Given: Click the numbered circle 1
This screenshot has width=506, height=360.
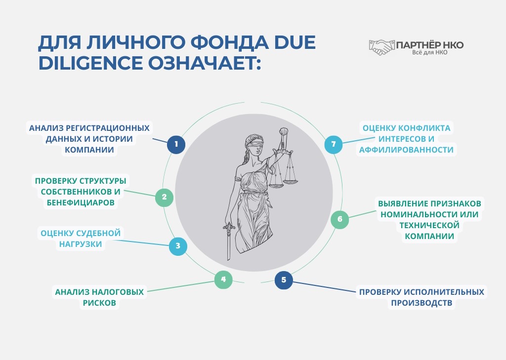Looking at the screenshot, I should click(176, 145).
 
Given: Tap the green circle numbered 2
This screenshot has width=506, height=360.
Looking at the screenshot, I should click(164, 198).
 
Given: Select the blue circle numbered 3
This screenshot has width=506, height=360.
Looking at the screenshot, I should click(178, 246).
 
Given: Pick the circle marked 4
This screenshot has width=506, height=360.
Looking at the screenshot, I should click(223, 280).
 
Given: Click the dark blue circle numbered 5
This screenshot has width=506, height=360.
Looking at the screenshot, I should click(284, 280).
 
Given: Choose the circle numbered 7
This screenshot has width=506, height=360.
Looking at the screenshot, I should click(334, 144).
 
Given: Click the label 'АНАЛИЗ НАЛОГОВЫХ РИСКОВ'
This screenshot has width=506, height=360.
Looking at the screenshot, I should click(99, 297).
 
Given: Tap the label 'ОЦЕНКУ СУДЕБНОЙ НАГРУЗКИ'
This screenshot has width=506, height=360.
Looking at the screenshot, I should click(80, 238).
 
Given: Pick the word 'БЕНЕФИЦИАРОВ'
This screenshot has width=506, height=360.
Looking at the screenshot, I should click(81, 202).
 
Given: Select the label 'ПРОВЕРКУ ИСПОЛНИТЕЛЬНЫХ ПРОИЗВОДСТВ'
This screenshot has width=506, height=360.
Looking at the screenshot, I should click(422, 297).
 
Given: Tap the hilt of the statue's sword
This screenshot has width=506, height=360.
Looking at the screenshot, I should click(229, 228).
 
